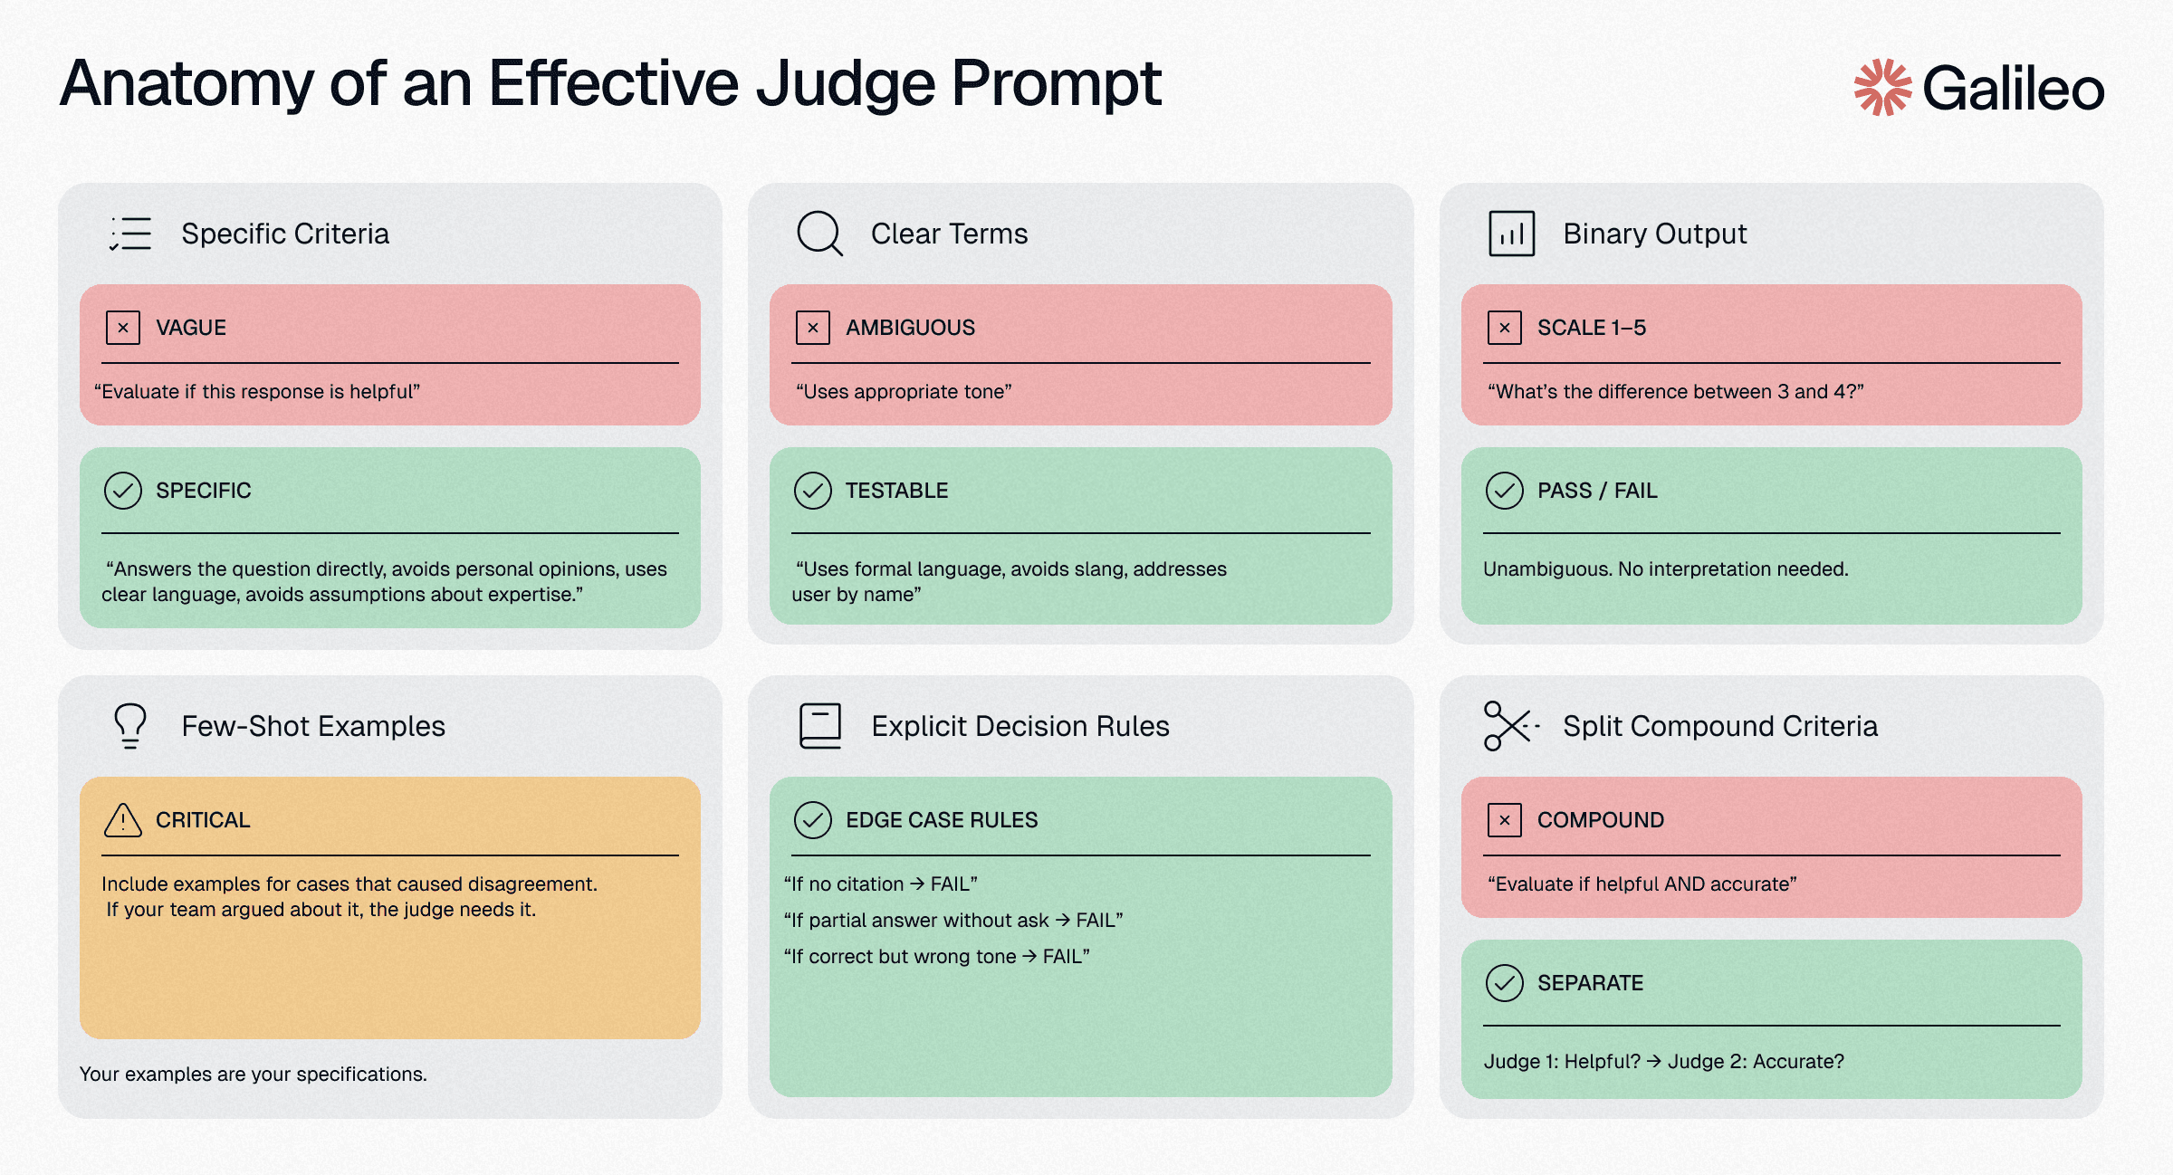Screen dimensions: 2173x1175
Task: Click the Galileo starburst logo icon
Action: [1882, 88]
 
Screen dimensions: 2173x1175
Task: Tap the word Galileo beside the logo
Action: [2013, 89]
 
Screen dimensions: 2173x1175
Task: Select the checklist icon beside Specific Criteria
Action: [130, 234]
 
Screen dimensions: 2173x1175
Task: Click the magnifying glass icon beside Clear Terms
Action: [819, 234]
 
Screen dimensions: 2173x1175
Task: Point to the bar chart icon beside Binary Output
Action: [1511, 234]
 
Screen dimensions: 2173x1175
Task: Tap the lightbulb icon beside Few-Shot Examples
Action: [130, 726]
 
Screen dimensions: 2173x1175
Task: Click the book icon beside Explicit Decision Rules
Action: [820, 726]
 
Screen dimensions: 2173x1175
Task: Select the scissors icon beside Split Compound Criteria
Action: [1509, 726]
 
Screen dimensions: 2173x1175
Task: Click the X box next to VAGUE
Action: [123, 328]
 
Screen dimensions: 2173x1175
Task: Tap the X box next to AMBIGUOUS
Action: [813, 328]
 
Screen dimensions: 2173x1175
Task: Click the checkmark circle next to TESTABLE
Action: [813, 491]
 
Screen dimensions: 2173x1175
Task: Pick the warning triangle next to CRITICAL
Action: [123, 820]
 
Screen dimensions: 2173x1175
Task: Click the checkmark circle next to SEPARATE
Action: [1504, 983]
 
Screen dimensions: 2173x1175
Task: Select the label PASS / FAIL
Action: [1597, 491]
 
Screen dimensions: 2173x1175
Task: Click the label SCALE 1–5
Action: [1591, 328]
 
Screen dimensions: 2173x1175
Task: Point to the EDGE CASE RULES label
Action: [942, 820]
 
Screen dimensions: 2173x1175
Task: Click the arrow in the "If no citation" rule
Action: [917, 884]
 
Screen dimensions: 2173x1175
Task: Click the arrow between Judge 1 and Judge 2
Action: [1654, 1061]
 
